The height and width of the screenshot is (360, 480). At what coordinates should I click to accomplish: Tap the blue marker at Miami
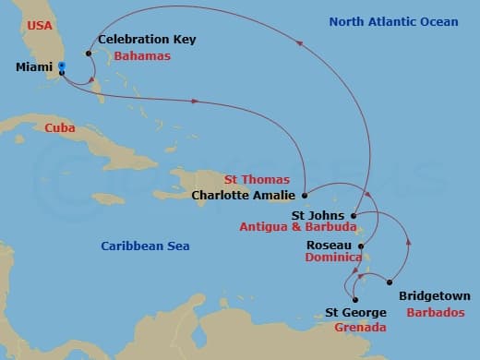pos(61,66)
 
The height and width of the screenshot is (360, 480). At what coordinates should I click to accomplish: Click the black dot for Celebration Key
pos(89,53)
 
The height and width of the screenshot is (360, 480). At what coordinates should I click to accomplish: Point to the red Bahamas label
pos(138,56)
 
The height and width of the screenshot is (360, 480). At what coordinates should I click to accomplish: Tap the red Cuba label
pos(60,128)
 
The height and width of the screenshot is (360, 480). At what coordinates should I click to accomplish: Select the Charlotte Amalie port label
pos(244,195)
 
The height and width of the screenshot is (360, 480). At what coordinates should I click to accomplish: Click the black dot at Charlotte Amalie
pos(305,195)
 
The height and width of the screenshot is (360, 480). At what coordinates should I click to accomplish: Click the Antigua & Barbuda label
pos(297,228)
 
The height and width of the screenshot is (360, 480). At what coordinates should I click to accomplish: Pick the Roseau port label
pos(328,246)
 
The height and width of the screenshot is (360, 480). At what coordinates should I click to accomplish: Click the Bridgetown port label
pos(434,297)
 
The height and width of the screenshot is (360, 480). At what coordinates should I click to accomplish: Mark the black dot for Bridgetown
pos(390,282)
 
